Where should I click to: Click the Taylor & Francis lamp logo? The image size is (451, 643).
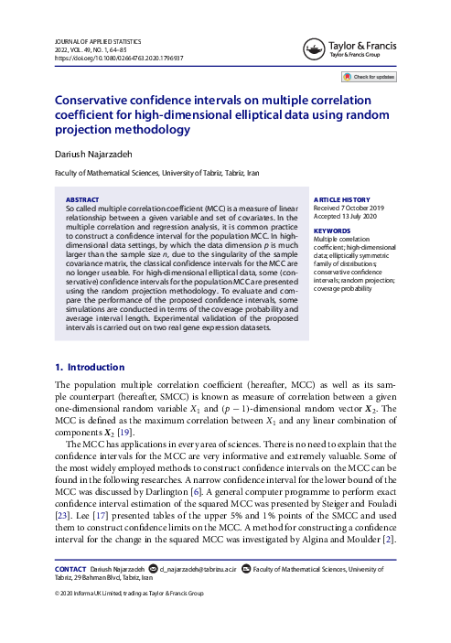click(x=315, y=47)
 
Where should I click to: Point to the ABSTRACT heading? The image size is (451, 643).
click(x=83, y=198)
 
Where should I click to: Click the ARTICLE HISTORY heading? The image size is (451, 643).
click(x=343, y=198)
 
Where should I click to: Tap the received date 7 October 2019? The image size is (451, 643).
click(x=359, y=207)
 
